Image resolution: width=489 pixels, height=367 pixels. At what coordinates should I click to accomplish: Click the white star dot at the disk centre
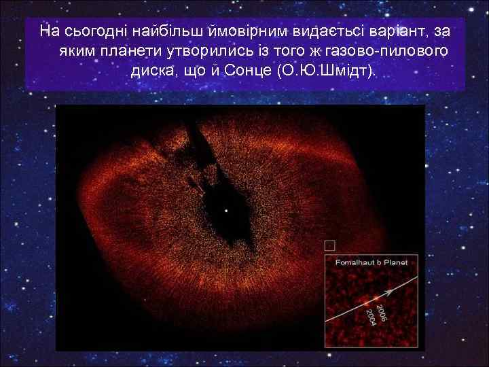(227, 211)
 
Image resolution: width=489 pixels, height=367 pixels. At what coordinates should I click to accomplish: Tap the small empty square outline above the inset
(330, 244)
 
